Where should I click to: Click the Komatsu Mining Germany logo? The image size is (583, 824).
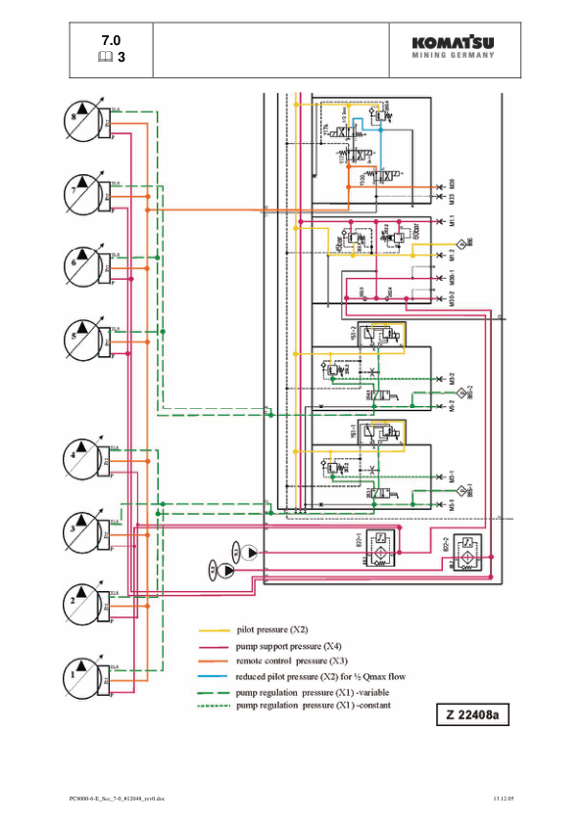452,49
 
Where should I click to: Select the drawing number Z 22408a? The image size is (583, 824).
474,716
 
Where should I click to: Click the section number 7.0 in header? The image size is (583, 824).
111,40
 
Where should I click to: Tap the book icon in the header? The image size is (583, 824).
106,58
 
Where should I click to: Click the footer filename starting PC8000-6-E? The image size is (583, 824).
107,801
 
